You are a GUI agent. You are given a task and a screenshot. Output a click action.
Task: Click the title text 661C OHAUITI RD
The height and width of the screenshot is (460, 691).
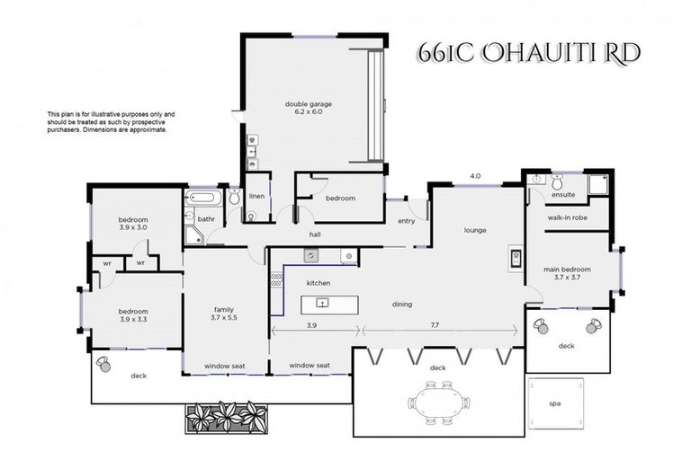528,52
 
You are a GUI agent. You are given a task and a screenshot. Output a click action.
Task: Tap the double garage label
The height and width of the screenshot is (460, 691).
309,104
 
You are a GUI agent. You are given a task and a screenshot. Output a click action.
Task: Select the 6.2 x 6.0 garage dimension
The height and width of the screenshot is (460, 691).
309,113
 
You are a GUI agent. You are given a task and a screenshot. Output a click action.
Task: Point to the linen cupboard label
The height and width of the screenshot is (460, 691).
257,196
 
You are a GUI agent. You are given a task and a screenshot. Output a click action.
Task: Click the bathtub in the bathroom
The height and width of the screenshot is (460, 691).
200,199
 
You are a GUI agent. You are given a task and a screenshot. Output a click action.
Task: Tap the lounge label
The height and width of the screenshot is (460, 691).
474,230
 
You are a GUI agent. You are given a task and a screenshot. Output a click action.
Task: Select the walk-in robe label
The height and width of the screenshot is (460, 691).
568,217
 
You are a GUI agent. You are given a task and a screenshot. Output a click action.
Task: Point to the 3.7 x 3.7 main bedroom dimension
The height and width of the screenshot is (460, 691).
567,278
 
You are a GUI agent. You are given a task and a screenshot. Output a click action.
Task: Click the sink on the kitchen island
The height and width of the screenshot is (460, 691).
319,304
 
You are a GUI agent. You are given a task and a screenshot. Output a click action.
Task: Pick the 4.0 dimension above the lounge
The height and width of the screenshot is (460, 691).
475,176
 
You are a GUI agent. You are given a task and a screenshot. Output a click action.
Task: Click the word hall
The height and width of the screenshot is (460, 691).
315,234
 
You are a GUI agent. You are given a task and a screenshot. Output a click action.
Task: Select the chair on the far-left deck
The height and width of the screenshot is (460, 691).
104,364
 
